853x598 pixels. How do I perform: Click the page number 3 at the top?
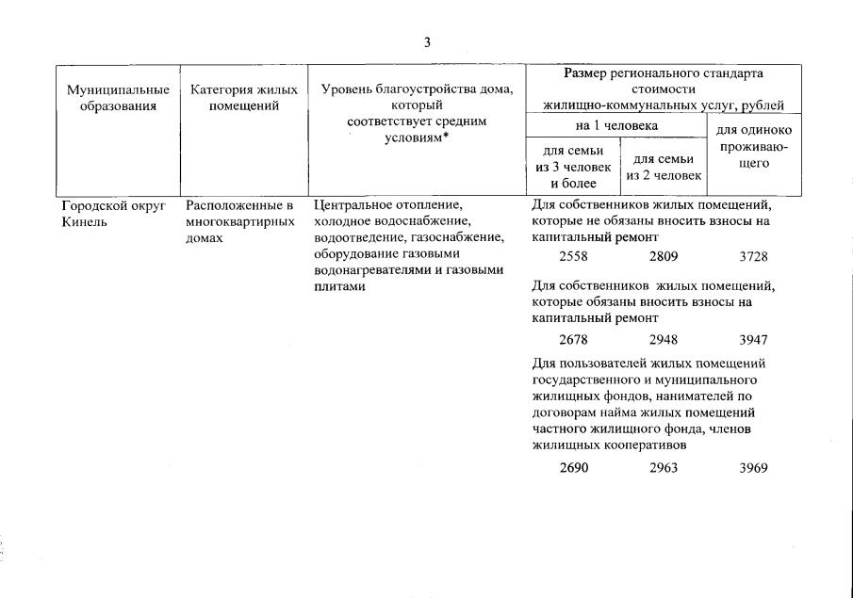coord(427,41)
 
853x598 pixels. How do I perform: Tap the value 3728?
coord(754,256)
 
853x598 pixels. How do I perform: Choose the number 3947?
coord(754,339)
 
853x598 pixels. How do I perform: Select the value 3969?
coord(754,467)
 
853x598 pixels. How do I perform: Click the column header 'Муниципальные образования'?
coord(118,98)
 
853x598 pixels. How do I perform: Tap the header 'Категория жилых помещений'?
coord(243,98)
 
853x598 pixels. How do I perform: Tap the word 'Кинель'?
coord(81,222)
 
